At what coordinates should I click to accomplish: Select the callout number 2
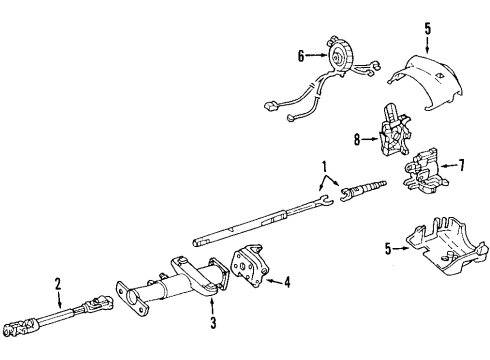coord(58,283)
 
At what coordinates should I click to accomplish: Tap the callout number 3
coord(212,321)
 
